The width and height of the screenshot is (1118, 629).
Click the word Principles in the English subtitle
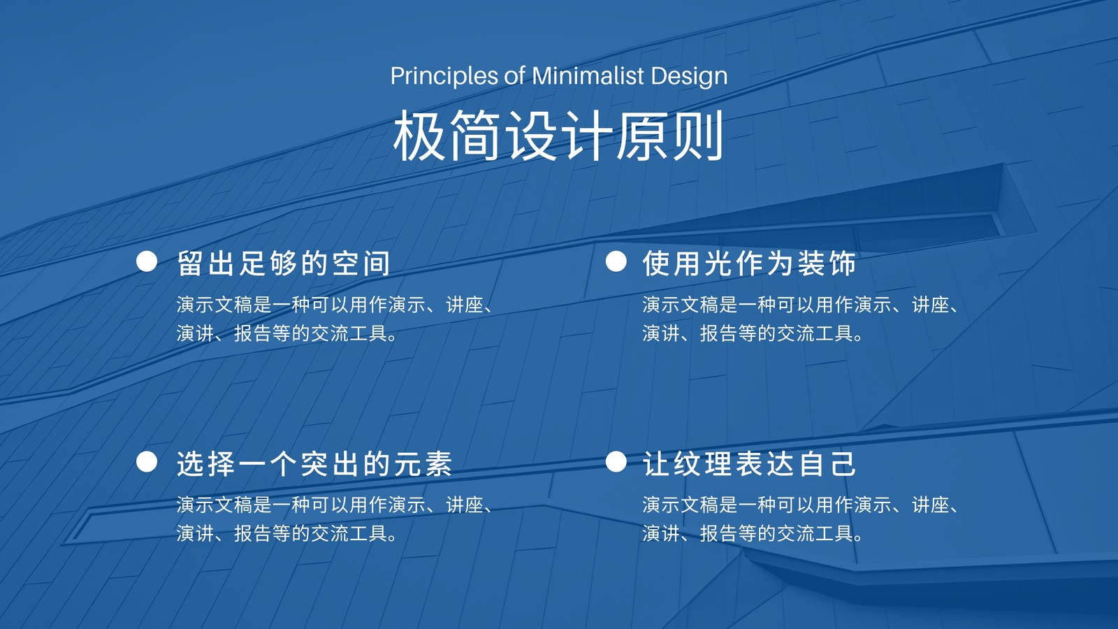[444, 76]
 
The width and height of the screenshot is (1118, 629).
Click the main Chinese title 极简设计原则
[558, 135]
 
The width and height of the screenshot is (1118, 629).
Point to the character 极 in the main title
[419, 135]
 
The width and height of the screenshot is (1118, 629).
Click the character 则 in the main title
[697, 135]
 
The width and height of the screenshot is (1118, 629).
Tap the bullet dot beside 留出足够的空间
[147, 261]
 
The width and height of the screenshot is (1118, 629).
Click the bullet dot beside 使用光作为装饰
[616, 261]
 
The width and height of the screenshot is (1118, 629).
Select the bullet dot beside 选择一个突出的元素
[147, 462]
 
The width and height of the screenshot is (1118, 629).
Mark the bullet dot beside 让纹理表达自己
[616, 462]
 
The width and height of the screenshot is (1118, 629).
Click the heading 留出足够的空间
[284, 263]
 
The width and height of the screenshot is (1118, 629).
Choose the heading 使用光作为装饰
[749, 263]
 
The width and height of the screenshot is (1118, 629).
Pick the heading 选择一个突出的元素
[314, 464]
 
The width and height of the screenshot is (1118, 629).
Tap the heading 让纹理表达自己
[749, 464]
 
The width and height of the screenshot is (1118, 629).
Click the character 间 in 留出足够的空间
[377, 263]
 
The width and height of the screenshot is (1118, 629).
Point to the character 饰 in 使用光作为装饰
[843, 263]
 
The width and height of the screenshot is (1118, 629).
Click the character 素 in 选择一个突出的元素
[439, 464]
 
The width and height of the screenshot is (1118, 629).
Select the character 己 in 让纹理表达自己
[843, 464]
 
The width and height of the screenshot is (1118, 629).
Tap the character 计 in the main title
[586, 135]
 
